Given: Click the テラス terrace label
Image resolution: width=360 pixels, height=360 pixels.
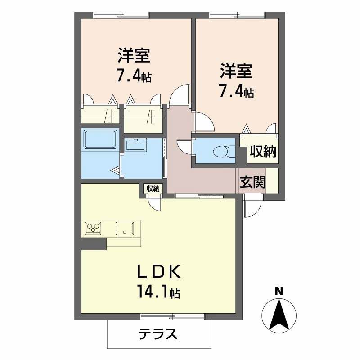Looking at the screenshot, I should (157, 334).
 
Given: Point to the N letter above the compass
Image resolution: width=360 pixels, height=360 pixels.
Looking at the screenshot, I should (279, 291).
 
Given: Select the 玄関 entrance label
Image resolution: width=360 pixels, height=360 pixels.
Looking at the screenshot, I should (252, 182).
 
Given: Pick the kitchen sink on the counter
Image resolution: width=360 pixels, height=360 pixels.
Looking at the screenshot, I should (125, 228).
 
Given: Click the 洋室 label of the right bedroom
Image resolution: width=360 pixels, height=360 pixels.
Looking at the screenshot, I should (236, 71).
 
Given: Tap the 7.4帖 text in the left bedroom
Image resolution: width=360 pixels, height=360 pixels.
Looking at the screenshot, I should (134, 76).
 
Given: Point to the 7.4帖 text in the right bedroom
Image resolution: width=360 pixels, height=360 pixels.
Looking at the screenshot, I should (236, 91).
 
